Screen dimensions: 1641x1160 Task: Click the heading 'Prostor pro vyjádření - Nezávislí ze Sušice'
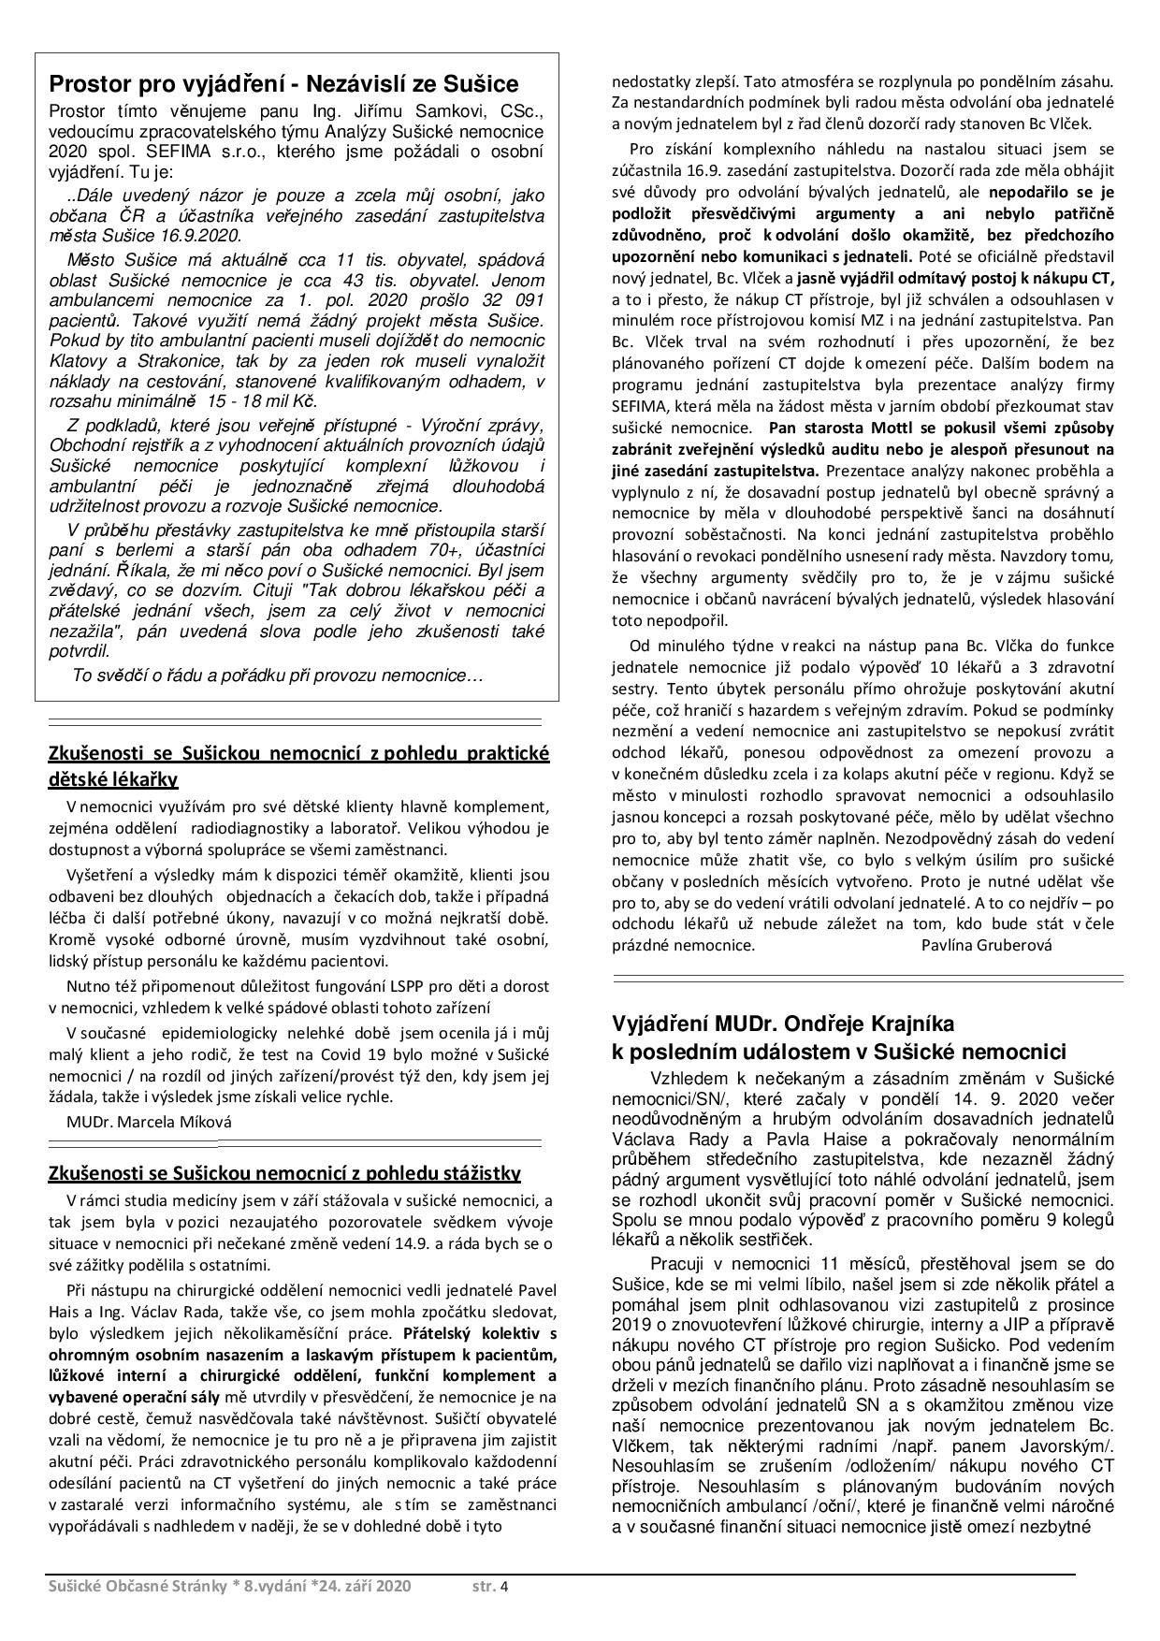click(x=283, y=84)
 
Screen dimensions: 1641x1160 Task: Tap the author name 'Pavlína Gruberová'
click(x=986, y=944)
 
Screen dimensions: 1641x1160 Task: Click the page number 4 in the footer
click(x=504, y=1586)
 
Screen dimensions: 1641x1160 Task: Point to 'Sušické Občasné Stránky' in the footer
click(x=137, y=1586)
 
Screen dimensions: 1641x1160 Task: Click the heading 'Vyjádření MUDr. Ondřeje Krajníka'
click(x=783, y=1023)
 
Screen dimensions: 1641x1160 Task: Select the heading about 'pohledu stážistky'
click(x=284, y=1173)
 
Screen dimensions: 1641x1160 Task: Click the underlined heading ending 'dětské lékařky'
click(x=113, y=778)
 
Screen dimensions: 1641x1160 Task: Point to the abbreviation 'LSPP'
click(x=374, y=985)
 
